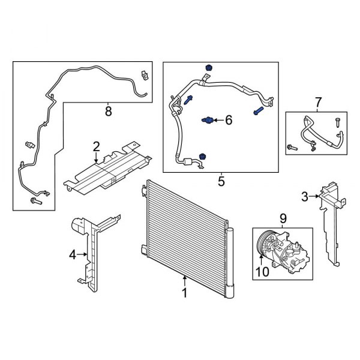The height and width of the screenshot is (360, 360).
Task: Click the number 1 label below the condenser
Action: coord(185,293)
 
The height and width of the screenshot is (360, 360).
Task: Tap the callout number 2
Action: coord(96,146)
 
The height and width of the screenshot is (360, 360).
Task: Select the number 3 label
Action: coord(304,196)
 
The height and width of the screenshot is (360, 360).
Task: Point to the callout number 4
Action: coord(73,255)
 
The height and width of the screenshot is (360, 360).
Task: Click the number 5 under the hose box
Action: coord(221,181)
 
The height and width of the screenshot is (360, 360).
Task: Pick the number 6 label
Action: coord(228,121)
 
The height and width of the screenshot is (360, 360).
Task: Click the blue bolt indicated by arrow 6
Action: coord(206,121)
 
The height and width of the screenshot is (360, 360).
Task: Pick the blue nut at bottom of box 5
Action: coord(202,157)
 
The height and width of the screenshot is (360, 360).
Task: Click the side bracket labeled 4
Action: coord(89,252)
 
